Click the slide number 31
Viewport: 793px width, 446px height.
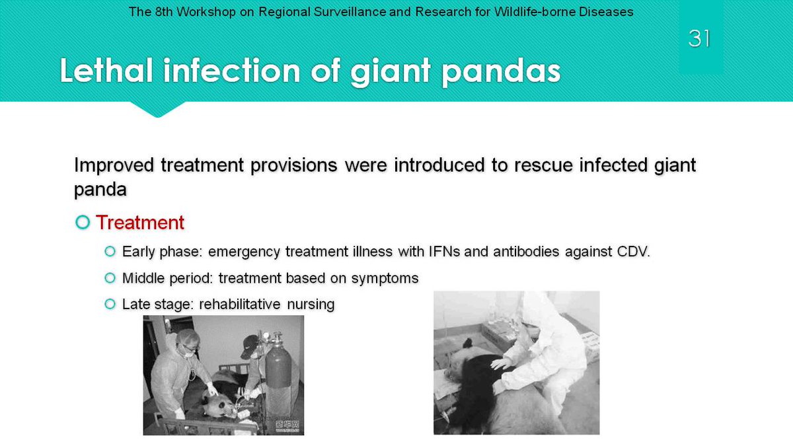click(x=699, y=38)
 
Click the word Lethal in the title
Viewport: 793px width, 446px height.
click(x=106, y=71)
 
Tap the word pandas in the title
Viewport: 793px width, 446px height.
click(x=502, y=72)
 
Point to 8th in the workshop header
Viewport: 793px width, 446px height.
click(x=164, y=12)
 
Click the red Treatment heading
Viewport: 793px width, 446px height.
click(x=140, y=222)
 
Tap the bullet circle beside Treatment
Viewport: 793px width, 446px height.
click(x=83, y=222)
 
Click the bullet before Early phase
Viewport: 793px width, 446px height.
click(x=110, y=251)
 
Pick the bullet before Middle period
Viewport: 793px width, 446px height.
click(x=110, y=278)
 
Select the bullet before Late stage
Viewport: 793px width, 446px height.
click(x=110, y=304)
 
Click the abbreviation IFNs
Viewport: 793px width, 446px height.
click(x=444, y=251)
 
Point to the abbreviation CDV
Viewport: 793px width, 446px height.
click(x=633, y=251)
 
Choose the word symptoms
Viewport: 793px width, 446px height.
click(x=385, y=279)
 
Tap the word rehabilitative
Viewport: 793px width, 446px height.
click(x=240, y=304)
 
